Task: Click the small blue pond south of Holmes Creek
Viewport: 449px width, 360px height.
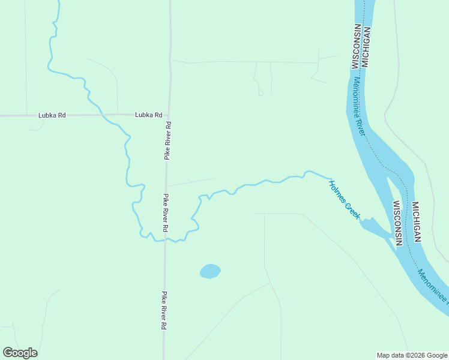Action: coord(210,271)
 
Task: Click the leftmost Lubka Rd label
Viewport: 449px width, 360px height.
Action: coord(52,115)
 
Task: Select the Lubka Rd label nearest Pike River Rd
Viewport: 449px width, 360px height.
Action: coord(148,115)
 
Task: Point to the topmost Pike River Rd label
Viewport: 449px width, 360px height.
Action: coord(168,140)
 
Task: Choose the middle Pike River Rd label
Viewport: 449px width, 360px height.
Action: coord(166,213)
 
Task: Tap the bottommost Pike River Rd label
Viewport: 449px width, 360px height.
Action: coord(163,311)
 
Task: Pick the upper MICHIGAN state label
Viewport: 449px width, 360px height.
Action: coord(366,47)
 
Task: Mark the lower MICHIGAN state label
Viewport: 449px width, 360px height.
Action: coord(415,221)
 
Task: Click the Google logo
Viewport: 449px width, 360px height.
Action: coord(20,353)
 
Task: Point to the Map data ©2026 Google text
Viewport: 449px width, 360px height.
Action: coord(411,355)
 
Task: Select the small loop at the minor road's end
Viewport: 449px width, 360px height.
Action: coord(261,93)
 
